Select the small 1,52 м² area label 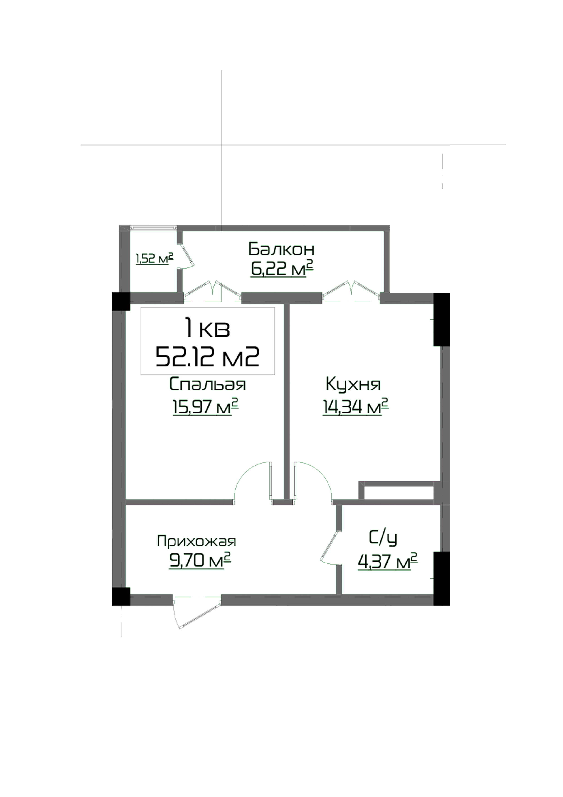click(x=154, y=258)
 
